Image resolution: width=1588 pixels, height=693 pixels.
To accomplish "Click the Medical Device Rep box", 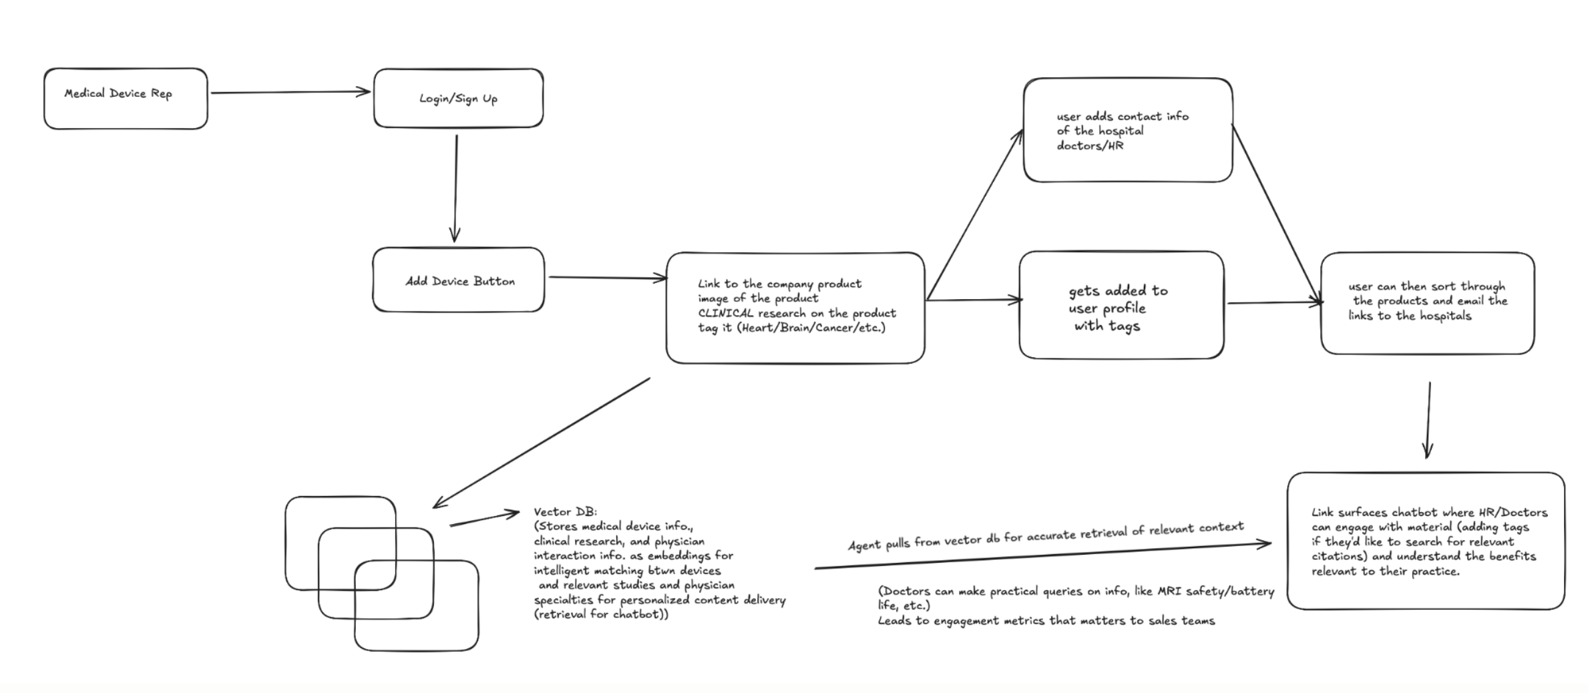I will (x=126, y=98).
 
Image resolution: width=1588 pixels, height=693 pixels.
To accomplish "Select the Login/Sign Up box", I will (x=458, y=98).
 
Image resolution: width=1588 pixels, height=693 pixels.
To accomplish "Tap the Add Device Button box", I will (x=459, y=280).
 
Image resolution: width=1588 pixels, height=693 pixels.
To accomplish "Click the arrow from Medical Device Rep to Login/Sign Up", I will (x=290, y=92).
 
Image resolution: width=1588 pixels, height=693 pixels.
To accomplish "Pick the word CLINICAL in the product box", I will (x=725, y=313).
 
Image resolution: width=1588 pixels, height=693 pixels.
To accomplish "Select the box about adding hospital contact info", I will (x=1127, y=130).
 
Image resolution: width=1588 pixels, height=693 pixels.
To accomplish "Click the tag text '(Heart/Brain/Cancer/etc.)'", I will (x=811, y=328).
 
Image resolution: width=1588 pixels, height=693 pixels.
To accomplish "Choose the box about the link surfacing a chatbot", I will (x=1425, y=541).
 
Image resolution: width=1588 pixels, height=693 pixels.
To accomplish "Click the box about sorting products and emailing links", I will (x=1427, y=303).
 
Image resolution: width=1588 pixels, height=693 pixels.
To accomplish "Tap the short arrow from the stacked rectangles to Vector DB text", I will (x=484, y=519).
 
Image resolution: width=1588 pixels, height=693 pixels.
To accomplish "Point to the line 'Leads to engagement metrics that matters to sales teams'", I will (x=1046, y=621).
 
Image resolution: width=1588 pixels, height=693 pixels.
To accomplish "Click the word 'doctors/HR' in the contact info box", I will (x=1090, y=146).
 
